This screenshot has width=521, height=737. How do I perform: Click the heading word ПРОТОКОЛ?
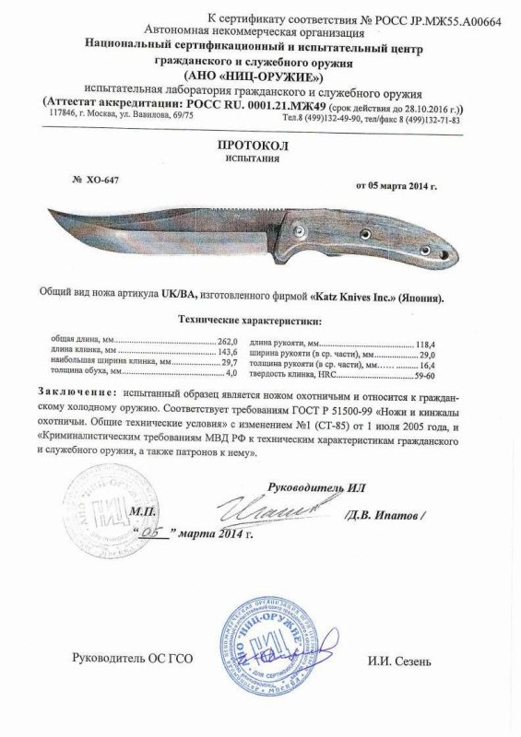point(260,147)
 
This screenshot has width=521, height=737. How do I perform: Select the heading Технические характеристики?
point(249,322)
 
